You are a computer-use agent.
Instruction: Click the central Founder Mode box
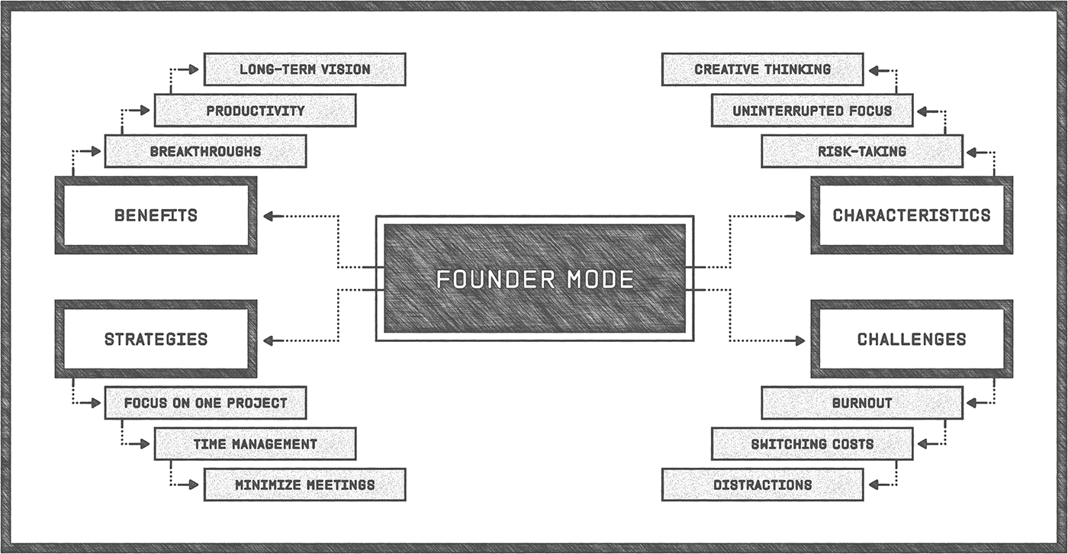point(534,279)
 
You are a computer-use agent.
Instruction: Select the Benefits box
point(156,215)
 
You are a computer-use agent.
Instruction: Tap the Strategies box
point(156,339)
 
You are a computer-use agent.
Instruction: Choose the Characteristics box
point(912,215)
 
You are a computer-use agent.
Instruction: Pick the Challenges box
point(912,339)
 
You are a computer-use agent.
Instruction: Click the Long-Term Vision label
point(304,69)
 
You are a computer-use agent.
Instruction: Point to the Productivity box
point(255,111)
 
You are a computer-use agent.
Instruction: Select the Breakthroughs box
point(205,151)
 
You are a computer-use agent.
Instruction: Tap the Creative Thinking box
point(762,69)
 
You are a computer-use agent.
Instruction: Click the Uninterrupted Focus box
point(812,111)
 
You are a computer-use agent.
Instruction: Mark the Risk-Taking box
point(862,151)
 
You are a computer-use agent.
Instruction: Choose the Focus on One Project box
point(205,402)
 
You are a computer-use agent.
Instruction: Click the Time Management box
point(255,443)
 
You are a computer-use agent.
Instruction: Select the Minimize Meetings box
point(304,485)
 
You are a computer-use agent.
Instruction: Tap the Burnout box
point(862,402)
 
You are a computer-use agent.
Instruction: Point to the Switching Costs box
point(812,443)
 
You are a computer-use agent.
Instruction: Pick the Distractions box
point(762,485)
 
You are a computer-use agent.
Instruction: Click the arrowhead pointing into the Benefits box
point(269,216)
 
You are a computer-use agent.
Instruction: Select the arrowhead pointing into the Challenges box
point(799,340)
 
